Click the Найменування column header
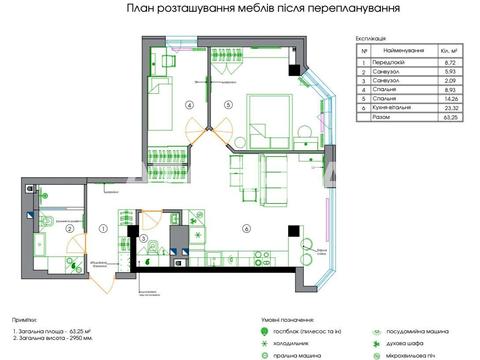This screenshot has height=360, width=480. click(x=400, y=49)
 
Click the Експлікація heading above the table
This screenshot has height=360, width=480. click(x=372, y=37)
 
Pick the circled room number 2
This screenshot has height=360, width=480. click(x=69, y=229)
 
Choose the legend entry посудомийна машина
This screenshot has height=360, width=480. click(x=419, y=327)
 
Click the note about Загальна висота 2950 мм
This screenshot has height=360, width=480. click(x=50, y=338)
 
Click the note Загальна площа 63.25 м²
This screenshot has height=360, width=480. click(x=50, y=328)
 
